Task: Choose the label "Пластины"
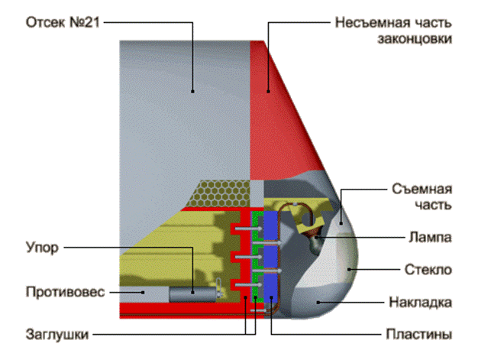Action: [x=419, y=334]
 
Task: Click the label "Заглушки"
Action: [x=58, y=334]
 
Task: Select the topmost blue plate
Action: [x=269, y=227]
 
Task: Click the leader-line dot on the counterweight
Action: [x=143, y=291]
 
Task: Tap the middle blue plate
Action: [x=269, y=256]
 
